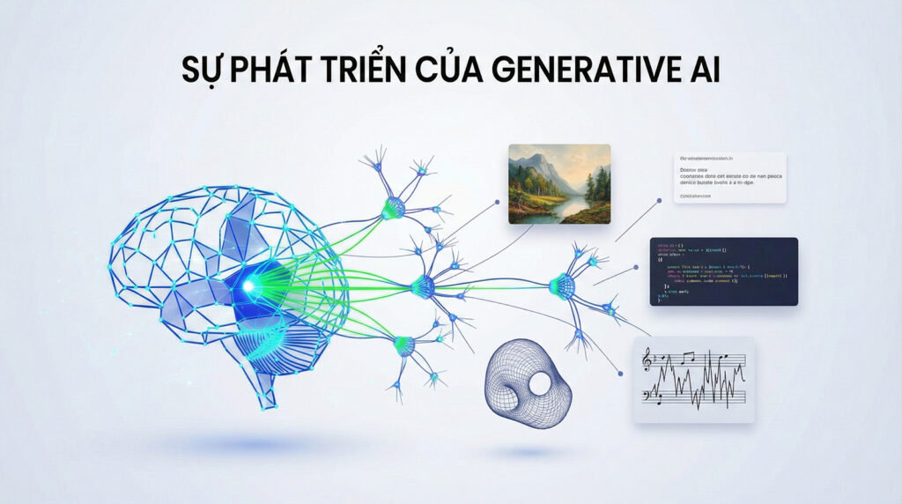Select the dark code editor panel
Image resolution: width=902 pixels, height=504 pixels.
click(723, 271)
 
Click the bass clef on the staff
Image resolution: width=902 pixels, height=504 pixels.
click(650, 397)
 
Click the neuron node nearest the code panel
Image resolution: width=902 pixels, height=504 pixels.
click(561, 285)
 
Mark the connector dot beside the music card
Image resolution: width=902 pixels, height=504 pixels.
click(626, 375)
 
